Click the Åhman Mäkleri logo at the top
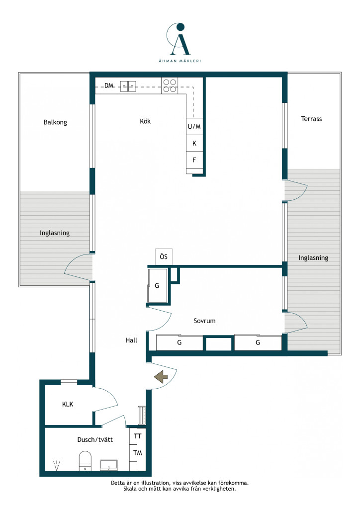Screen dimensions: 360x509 [x=180, y=43]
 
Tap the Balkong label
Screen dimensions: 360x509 [x=55, y=122]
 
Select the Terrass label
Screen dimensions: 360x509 [x=311, y=119]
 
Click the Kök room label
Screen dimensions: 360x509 [x=145, y=121]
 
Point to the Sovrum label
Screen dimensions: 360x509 [x=204, y=321]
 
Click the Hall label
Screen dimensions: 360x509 [x=131, y=340]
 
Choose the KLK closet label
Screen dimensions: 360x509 [x=68, y=404]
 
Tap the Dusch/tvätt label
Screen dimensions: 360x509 [x=95, y=439]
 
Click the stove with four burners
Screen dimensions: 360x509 [x=170, y=85]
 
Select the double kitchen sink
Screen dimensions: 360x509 [x=128, y=86]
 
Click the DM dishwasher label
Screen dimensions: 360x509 [x=109, y=85]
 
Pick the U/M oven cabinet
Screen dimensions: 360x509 [x=194, y=127]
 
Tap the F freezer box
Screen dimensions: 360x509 [x=194, y=160]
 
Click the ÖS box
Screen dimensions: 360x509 [x=164, y=257]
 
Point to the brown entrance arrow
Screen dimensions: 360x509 [x=161, y=377]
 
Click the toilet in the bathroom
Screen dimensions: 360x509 [x=85, y=461]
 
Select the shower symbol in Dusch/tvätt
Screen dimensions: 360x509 [x=57, y=466]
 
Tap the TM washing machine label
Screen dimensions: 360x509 [x=138, y=453]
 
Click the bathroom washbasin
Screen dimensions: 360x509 [x=109, y=465]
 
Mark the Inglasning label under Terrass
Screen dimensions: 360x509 [x=313, y=258]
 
